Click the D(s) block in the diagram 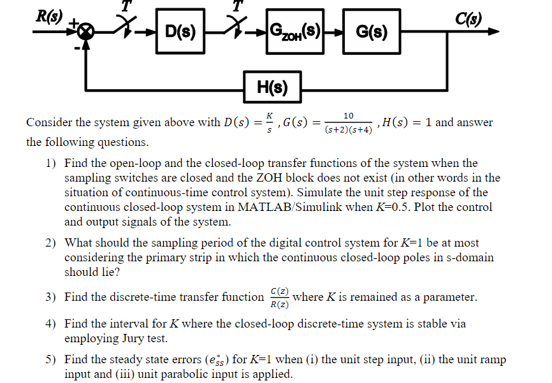pyautogui.click(x=181, y=30)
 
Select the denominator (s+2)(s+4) pyautogui.click(x=349, y=129)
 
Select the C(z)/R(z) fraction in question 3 pyautogui.click(x=278, y=298)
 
